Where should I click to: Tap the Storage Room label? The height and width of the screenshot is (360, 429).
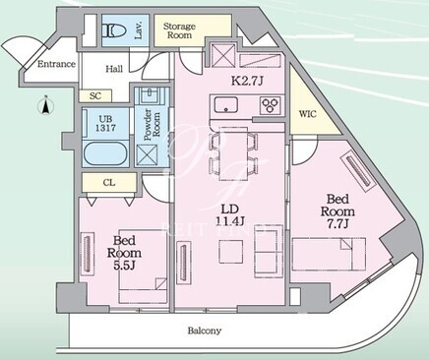coord(179,30)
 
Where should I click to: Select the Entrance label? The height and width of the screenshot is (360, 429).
coord(56,64)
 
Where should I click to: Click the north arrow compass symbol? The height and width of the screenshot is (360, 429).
coord(46,105)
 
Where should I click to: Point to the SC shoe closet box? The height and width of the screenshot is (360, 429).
coord(95,96)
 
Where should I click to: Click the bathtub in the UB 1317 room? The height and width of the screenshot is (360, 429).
coord(106,153)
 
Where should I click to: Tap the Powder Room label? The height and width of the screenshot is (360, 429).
coord(153,125)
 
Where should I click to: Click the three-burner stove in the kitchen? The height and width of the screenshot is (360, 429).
coord(271,105)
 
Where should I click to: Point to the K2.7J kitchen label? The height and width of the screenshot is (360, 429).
coord(247,81)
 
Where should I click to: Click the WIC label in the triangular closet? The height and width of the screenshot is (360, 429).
coord(308,114)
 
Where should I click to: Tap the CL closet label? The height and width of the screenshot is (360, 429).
coord(109,183)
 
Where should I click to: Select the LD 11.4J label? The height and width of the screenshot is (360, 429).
coord(229,215)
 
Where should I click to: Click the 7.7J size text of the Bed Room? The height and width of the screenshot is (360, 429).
coord(337,224)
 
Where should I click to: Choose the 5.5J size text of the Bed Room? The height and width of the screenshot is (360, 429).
coord(124,266)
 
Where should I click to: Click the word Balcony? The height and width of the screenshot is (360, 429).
coord(205,330)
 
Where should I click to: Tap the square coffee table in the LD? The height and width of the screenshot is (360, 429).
coord(231,252)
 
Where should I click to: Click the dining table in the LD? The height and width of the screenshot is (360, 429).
coord(233,153)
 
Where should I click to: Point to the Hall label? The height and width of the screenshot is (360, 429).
coord(114,69)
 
